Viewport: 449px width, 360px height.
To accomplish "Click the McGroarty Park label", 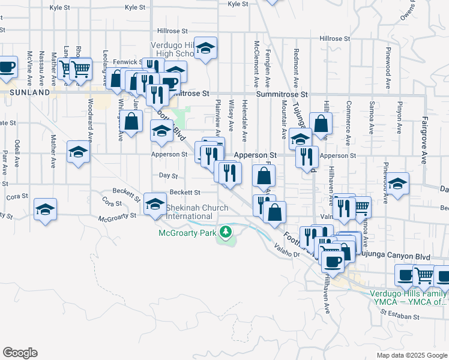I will (187, 233).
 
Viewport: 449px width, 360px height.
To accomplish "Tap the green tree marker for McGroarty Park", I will (226, 232).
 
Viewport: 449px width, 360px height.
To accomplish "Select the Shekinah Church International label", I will (197, 212).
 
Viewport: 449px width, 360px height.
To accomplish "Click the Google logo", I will (20, 353).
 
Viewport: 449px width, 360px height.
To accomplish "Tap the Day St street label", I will (169, 176).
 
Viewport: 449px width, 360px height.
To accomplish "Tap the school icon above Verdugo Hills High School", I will (205, 50).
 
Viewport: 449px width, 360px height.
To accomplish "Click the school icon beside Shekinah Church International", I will (155, 205).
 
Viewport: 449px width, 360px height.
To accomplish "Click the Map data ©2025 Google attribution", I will (411, 355).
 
